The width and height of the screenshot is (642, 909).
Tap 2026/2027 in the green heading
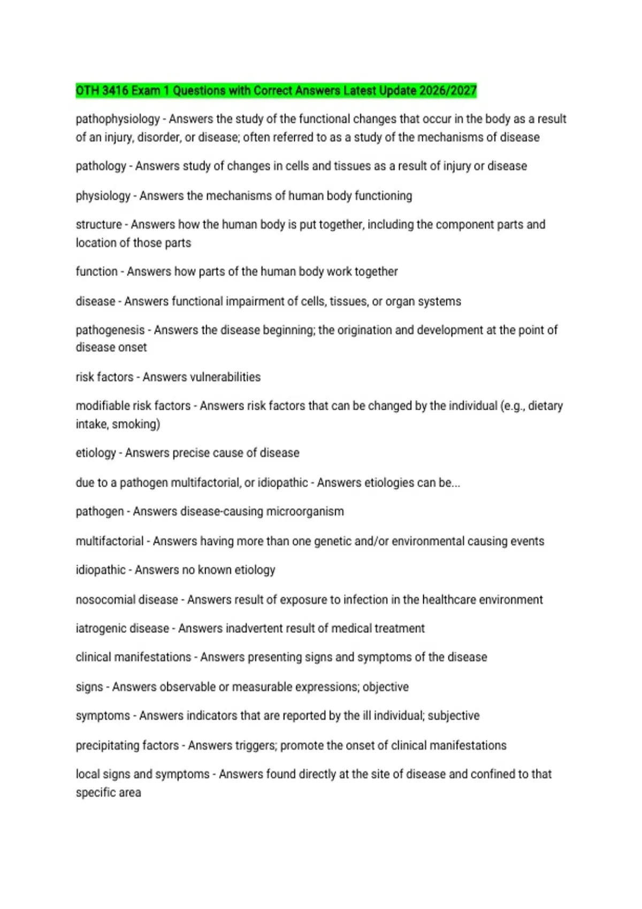(x=448, y=91)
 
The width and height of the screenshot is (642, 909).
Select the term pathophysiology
(x=118, y=119)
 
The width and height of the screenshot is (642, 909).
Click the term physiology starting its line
(x=103, y=196)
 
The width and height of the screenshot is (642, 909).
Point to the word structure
(x=98, y=225)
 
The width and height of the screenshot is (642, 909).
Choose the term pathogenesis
(x=110, y=330)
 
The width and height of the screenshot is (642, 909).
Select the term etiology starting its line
(x=96, y=453)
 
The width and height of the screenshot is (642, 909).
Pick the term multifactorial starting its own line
(x=110, y=541)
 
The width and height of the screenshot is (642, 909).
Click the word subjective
(x=453, y=715)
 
